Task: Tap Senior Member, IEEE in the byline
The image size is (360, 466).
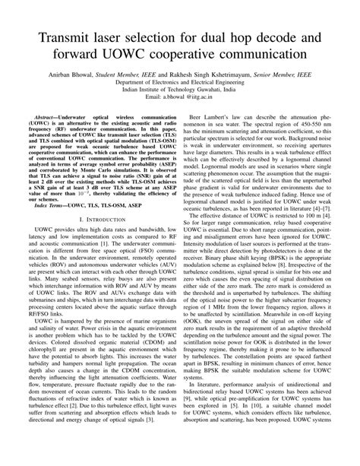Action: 296,76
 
